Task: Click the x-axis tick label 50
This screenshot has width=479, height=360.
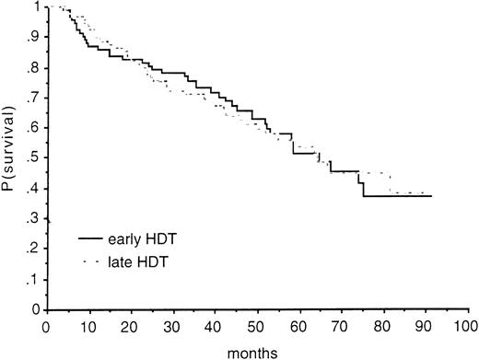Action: point(257,326)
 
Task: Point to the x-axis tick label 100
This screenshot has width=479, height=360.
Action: point(467,326)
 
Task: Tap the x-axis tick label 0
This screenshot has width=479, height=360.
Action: point(47,326)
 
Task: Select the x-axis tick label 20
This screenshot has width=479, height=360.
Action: point(131,326)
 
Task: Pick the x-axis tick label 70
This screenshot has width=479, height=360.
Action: point(341,326)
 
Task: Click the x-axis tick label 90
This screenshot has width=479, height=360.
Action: point(425,326)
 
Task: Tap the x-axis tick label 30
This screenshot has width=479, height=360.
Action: point(173,326)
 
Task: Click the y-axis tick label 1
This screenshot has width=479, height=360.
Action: point(38,7)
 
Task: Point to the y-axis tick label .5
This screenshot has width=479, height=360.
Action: point(35,158)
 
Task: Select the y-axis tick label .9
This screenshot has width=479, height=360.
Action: point(35,38)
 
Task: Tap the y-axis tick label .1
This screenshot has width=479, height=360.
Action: point(35,279)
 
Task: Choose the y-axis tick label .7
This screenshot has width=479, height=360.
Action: point(35,99)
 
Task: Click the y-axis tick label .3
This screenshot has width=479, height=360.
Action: point(35,219)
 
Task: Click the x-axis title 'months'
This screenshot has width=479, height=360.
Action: point(257,350)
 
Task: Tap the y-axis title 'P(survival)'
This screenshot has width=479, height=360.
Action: point(9,158)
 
